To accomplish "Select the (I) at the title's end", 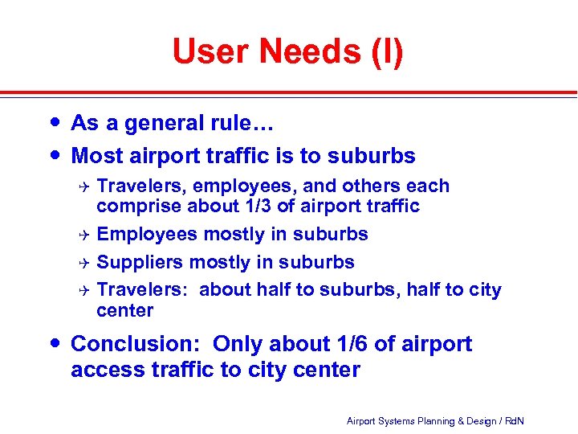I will [385, 52].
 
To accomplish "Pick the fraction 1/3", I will [258, 207].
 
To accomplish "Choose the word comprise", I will [139, 207].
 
